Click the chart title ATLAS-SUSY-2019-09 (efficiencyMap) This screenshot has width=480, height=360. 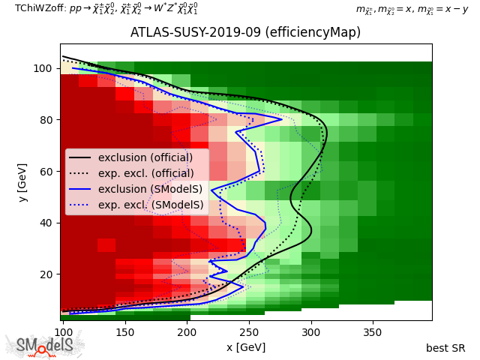[245, 32]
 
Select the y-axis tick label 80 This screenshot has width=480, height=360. [46, 120]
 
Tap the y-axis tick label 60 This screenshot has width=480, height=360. [46, 172]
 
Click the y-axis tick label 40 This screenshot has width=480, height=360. [46, 223]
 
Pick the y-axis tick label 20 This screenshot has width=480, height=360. [46, 274]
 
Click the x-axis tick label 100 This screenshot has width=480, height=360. [63, 332]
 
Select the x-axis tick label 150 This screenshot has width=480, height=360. [125, 332]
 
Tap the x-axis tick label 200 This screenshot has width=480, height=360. [187, 332]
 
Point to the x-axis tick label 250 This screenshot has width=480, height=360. [249, 332]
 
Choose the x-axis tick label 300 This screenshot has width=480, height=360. [311, 332]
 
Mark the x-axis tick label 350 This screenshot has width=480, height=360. [373, 332]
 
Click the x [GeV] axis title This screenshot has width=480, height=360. [246, 347]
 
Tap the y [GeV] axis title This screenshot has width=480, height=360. [22, 183]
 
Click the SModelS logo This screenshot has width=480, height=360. [44, 344]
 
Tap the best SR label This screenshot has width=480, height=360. [445, 348]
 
